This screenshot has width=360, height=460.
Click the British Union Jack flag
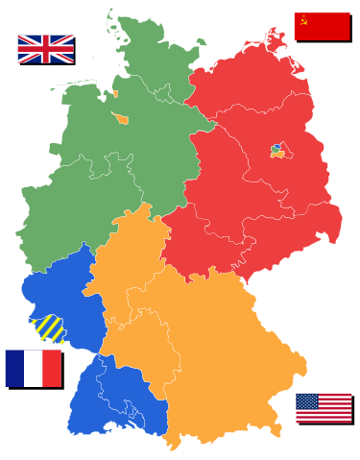[45, 48]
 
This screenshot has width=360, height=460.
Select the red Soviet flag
[321, 26]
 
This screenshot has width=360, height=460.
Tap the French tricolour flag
[33, 368]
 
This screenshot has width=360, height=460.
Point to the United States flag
[324, 407]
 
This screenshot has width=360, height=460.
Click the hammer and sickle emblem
[303, 18]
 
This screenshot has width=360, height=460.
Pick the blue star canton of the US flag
[306, 399]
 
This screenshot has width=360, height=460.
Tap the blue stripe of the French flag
[13, 368]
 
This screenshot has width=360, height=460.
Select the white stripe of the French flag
[33, 368]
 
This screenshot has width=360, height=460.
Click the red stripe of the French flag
[52, 368]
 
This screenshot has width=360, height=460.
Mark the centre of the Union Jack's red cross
[45, 48]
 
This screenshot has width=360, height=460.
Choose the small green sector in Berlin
[276, 151]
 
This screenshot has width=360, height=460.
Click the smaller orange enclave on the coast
[115, 93]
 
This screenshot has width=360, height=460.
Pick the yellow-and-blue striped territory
[48, 328]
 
